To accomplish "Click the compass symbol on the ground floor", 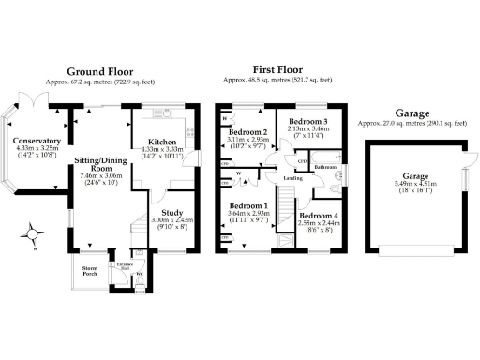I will [x=35, y=232].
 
